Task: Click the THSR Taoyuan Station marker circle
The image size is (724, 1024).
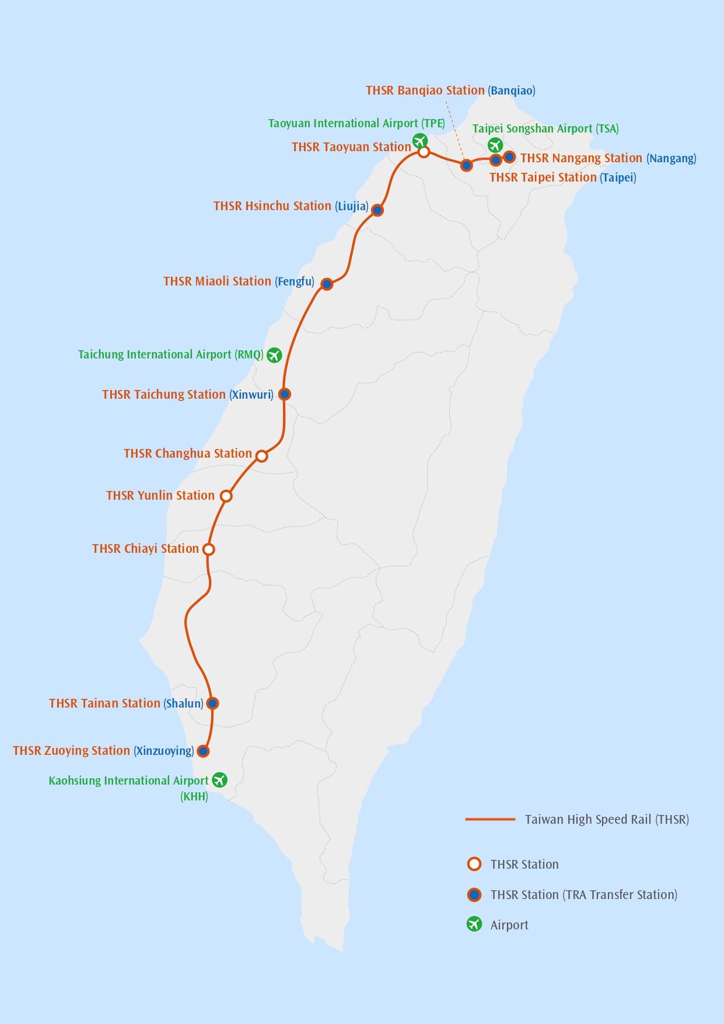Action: [x=424, y=152]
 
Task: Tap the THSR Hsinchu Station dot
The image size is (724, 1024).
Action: [x=377, y=210]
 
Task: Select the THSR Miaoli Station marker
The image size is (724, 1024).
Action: [x=327, y=284]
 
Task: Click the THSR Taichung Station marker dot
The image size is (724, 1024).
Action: [x=285, y=394]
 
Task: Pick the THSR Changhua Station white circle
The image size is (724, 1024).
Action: [x=262, y=456]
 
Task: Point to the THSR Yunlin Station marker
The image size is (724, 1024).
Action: [x=226, y=496]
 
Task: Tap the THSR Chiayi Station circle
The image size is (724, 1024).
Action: [x=209, y=549]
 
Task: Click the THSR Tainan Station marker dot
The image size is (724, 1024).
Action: [x=213, y=703]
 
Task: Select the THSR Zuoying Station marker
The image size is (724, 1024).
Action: [x=203, y=751]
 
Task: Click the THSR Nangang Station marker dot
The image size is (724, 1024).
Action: [x=509, y=156]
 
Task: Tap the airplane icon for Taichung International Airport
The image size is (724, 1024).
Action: [x=274, y=355]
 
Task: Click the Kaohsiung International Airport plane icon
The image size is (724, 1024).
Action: [x=219, y=779]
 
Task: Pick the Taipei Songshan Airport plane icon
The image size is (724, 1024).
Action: [x=495, y=144]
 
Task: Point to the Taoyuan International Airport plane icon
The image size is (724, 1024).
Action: [x=420, y=141]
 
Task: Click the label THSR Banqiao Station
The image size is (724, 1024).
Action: [x=425, y=90]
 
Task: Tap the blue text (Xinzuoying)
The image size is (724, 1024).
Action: [x=163, y=751]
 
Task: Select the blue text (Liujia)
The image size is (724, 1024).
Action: [x=352, y=206]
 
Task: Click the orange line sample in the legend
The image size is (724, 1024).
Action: [x=490, y=819]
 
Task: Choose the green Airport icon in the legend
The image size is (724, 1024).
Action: [x=474, y=924]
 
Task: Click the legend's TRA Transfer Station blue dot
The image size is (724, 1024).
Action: [x=474, y=894]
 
